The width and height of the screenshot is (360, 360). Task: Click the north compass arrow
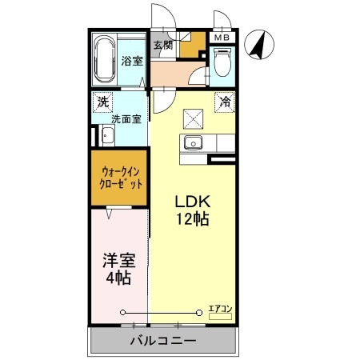[x=258, y=44]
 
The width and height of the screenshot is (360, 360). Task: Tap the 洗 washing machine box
[x=102, y=102]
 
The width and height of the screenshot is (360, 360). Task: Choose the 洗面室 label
[x=126, y=119]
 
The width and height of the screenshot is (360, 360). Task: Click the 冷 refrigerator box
[x=226, y=102]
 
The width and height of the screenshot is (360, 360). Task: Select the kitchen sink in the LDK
[x=194, y=145]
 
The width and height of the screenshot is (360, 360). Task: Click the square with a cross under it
[x=193, y=119]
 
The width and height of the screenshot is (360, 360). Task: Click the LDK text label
[x=192, y=201]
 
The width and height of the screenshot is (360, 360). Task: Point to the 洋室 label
[x=118, y=261]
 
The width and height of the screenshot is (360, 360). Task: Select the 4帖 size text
[x=118, y=278]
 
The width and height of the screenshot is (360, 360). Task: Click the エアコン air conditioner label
[x=220, y=307]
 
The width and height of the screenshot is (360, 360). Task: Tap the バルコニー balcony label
[x=163, y=342]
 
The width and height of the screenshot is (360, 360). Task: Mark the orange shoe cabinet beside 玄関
[x=190, y=47]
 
